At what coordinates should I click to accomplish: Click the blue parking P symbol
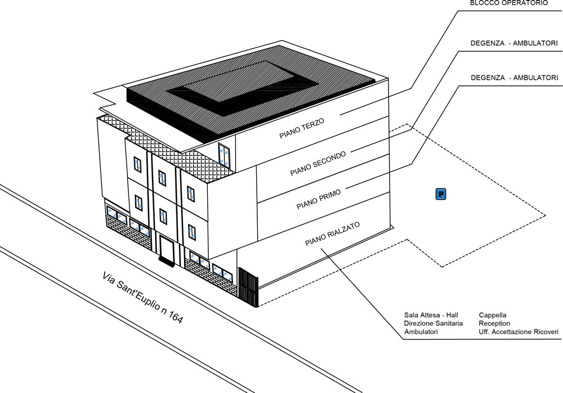coord(441,194)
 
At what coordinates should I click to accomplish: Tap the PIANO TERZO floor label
coord(302,128)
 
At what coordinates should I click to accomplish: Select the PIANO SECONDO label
coord(318,163)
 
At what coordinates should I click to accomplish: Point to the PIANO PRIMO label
coord(319,200)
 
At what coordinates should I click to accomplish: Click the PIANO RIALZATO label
coord(332,234)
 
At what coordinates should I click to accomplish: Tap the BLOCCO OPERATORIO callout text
coord(509,3)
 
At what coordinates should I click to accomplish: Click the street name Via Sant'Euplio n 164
coord(142,298)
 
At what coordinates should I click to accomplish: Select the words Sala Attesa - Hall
coord(431,315)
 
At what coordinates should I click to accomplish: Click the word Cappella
coord(493,315)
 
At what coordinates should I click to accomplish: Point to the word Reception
coord(494,323)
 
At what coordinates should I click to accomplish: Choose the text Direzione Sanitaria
coord(434,323)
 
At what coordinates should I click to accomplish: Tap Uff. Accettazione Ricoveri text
coord(519,332)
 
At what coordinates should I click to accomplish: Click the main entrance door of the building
coord(166,248)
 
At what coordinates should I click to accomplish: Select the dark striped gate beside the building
coord(248,287)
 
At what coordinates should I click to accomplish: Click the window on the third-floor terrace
coord(224,154)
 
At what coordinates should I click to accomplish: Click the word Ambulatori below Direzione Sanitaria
coord(421,332)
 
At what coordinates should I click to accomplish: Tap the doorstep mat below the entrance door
coord(166,261)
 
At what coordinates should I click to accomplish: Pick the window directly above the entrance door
coord(163,217)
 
